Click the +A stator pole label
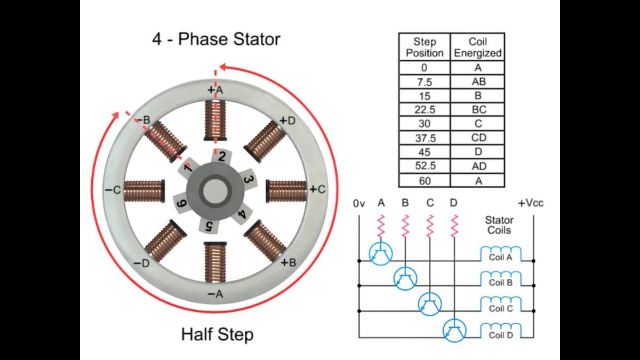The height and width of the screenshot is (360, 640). click(x=215, y=91)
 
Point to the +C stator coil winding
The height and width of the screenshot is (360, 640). click(x=286, y=190)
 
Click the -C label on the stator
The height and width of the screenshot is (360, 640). click(x=113, y=190)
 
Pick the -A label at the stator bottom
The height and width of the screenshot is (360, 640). click(x=215, y=294)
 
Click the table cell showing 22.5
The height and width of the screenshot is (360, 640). click(x=425, y=110)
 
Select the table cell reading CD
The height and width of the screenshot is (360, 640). click(x=478, y=138)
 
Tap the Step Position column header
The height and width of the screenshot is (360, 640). click(x=425, y=47)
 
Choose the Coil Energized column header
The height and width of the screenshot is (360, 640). click(x=478, y=47)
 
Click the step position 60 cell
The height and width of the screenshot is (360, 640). click(x=425, y=181)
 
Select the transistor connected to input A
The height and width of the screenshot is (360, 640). click(x=380, y=253)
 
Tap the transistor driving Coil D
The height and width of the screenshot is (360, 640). click(x=455, y=331)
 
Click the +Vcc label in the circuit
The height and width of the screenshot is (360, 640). click(x=530, y=203)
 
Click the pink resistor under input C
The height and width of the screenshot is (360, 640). click(x=430, y=226)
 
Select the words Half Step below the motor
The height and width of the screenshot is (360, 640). click(x=217, y=335)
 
